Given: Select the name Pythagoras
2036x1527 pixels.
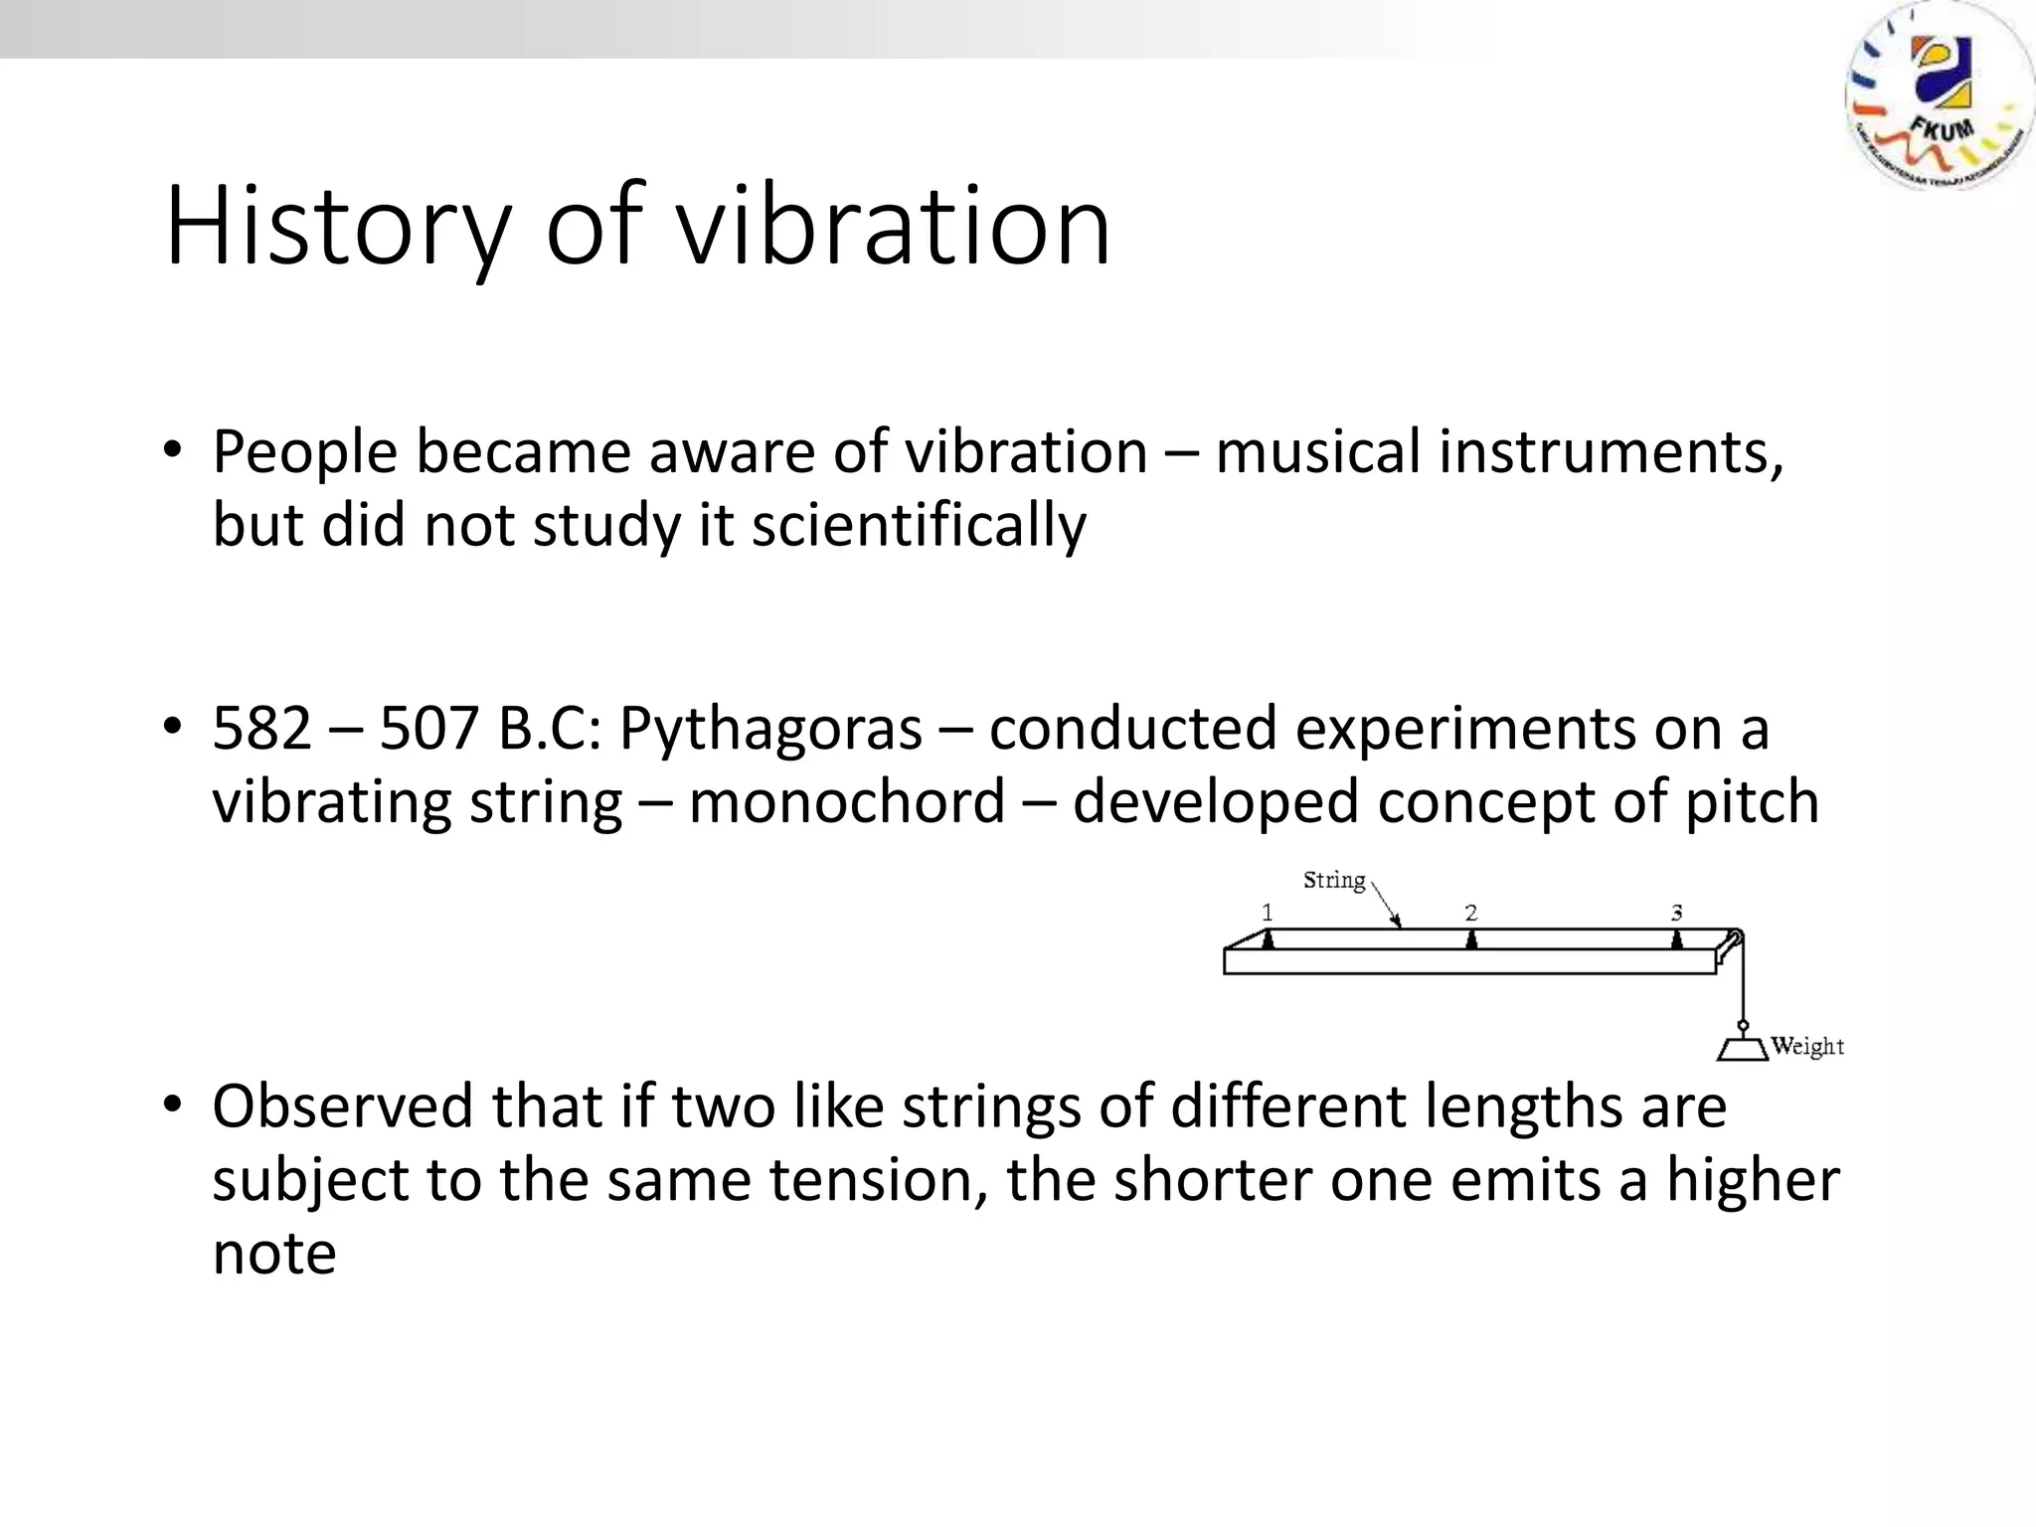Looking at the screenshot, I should tap(770, 728).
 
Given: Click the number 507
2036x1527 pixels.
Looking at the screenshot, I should tap(429, 728).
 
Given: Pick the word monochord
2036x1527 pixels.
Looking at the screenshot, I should tap(847, 801).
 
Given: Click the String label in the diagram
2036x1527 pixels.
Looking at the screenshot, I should tap(1334, 880).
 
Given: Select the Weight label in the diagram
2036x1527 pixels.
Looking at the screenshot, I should tap(1807, 1046).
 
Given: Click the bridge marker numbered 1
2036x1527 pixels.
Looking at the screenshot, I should tap(1268, 936).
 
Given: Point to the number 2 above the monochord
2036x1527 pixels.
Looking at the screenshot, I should tap(1471, 912).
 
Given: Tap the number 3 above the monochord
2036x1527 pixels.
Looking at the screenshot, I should tap(1677, 912).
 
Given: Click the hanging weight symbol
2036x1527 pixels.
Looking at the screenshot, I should tap(1742, 1048).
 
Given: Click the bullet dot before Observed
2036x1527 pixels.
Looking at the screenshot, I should tap(173, 1104).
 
